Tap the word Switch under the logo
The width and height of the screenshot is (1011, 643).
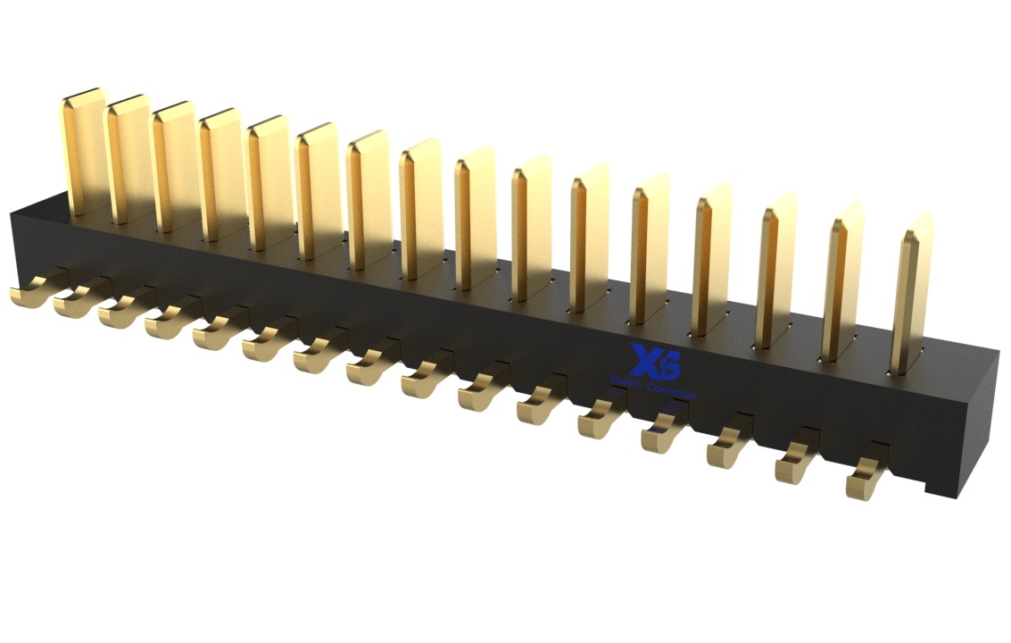tap(627, 382)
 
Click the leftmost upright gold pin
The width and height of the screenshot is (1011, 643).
tap(86, 152)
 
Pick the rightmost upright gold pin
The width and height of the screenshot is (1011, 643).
tap(911, 295)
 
